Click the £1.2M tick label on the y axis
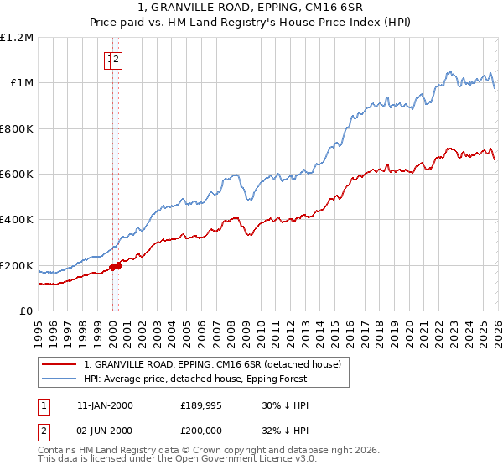pos(17,38)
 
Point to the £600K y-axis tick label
pos(17,175)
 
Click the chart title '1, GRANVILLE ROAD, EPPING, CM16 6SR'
pos(251,9)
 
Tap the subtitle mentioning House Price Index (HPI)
pos(251,23)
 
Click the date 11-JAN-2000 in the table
pos(105,405)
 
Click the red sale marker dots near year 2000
pos(115,267)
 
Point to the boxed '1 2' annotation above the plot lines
pos(113,59)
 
